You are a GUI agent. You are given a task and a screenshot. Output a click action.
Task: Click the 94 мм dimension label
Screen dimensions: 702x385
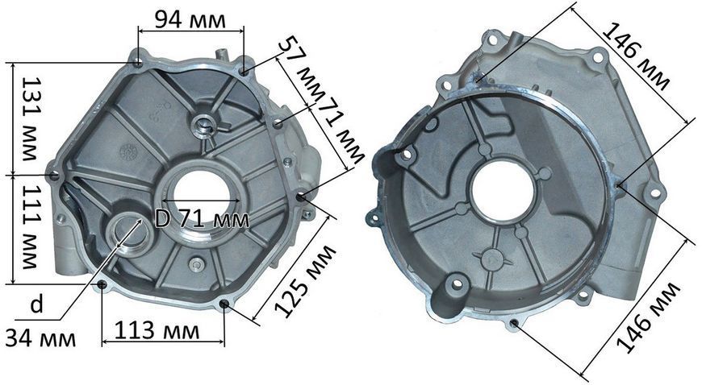coord(190,19)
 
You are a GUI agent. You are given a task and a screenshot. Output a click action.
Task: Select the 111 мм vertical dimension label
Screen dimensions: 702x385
coord(31,227)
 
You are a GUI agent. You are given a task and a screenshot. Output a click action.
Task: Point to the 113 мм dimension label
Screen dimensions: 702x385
coord(157,331)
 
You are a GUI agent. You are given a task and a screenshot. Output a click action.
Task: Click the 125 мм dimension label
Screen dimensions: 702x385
coord(304,281)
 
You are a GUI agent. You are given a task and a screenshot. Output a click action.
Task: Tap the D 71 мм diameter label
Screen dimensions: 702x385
coord(202,219)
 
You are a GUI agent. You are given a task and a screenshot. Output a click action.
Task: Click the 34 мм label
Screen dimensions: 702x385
coord(40,338)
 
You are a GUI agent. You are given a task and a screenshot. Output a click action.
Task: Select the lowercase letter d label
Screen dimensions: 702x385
coord(37,304)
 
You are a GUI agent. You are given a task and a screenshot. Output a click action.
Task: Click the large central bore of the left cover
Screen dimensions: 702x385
coord(202,194)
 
